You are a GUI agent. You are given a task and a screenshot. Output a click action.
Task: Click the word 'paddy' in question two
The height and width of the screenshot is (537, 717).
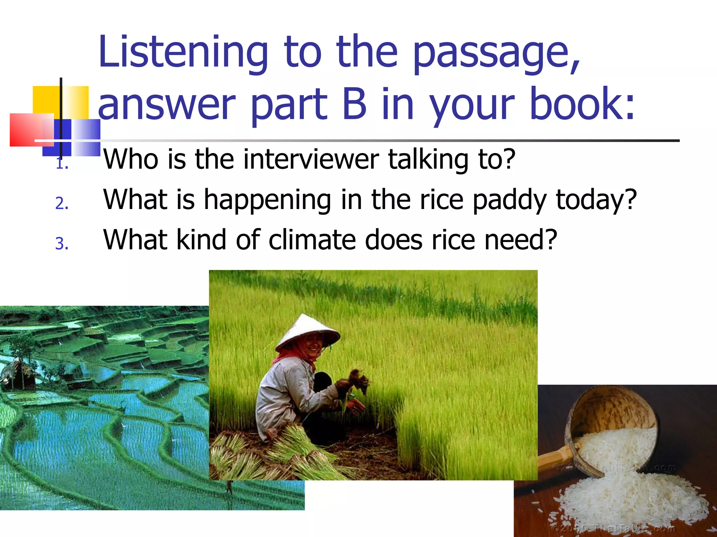(x=510, y=200)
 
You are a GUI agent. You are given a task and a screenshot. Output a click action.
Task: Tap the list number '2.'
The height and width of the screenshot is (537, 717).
(x=62, y=203)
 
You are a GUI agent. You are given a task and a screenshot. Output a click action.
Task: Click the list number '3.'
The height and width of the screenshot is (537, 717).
(x=62, y=244)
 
